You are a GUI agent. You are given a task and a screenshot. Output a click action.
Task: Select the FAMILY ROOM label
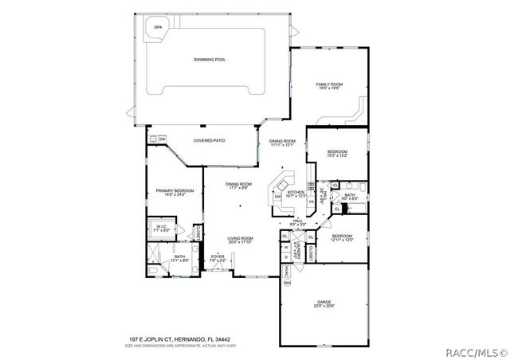(329, 84)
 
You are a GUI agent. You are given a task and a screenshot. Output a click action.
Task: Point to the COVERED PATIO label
(210, 140)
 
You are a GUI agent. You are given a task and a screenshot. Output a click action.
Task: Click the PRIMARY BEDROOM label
(175, 190)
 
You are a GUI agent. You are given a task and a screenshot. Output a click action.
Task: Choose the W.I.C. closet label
(161, 226)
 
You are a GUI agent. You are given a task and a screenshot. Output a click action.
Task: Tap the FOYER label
(218, 256)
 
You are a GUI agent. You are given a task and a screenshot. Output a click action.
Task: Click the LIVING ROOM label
(240, 238)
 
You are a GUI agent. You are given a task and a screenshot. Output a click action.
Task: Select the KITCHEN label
(296, 192)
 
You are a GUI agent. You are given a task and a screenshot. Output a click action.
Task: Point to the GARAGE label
(324, 302)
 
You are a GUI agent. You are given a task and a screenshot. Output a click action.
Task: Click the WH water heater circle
(288, 283)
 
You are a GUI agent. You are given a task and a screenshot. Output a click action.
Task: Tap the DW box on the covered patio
(162, 139)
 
